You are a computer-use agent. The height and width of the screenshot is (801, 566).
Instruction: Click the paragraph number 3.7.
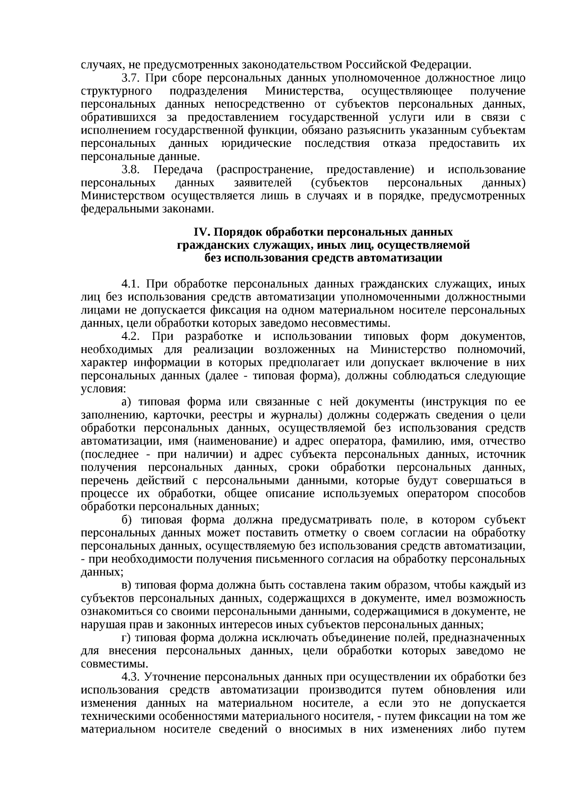click(131, 78)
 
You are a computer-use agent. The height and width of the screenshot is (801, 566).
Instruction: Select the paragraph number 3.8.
click(131, 169)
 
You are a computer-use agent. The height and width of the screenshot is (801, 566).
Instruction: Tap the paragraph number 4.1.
click(132, 284)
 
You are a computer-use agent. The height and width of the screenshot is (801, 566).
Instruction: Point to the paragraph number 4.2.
click(132, 337)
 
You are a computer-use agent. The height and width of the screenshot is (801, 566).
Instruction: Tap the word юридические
click(256, 143)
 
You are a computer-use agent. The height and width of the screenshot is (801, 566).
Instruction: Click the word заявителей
click(262, 183)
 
